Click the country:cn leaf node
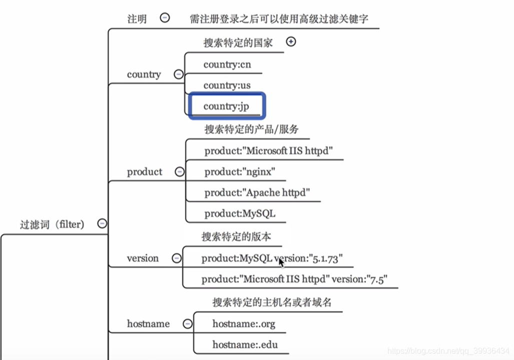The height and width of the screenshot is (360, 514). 227,65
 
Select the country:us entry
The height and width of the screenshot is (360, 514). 227,86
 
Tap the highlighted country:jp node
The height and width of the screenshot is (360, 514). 226,106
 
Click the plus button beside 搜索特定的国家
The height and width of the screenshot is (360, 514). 291,42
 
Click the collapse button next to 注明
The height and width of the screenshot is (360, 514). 165,18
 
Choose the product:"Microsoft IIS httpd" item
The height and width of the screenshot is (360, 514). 269,150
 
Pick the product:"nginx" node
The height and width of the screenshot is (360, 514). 240,171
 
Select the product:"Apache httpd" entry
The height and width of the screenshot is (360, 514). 257,192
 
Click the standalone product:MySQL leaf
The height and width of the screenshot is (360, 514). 240,213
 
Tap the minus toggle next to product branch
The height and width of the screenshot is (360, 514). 179,171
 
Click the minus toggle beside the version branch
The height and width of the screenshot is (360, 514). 176,258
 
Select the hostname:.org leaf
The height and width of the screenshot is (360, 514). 244,323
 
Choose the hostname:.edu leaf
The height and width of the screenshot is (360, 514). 245,344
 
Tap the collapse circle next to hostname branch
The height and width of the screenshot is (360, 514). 187,323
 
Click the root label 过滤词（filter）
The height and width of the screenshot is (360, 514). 52,224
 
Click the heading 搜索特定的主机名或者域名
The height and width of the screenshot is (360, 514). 272,302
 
